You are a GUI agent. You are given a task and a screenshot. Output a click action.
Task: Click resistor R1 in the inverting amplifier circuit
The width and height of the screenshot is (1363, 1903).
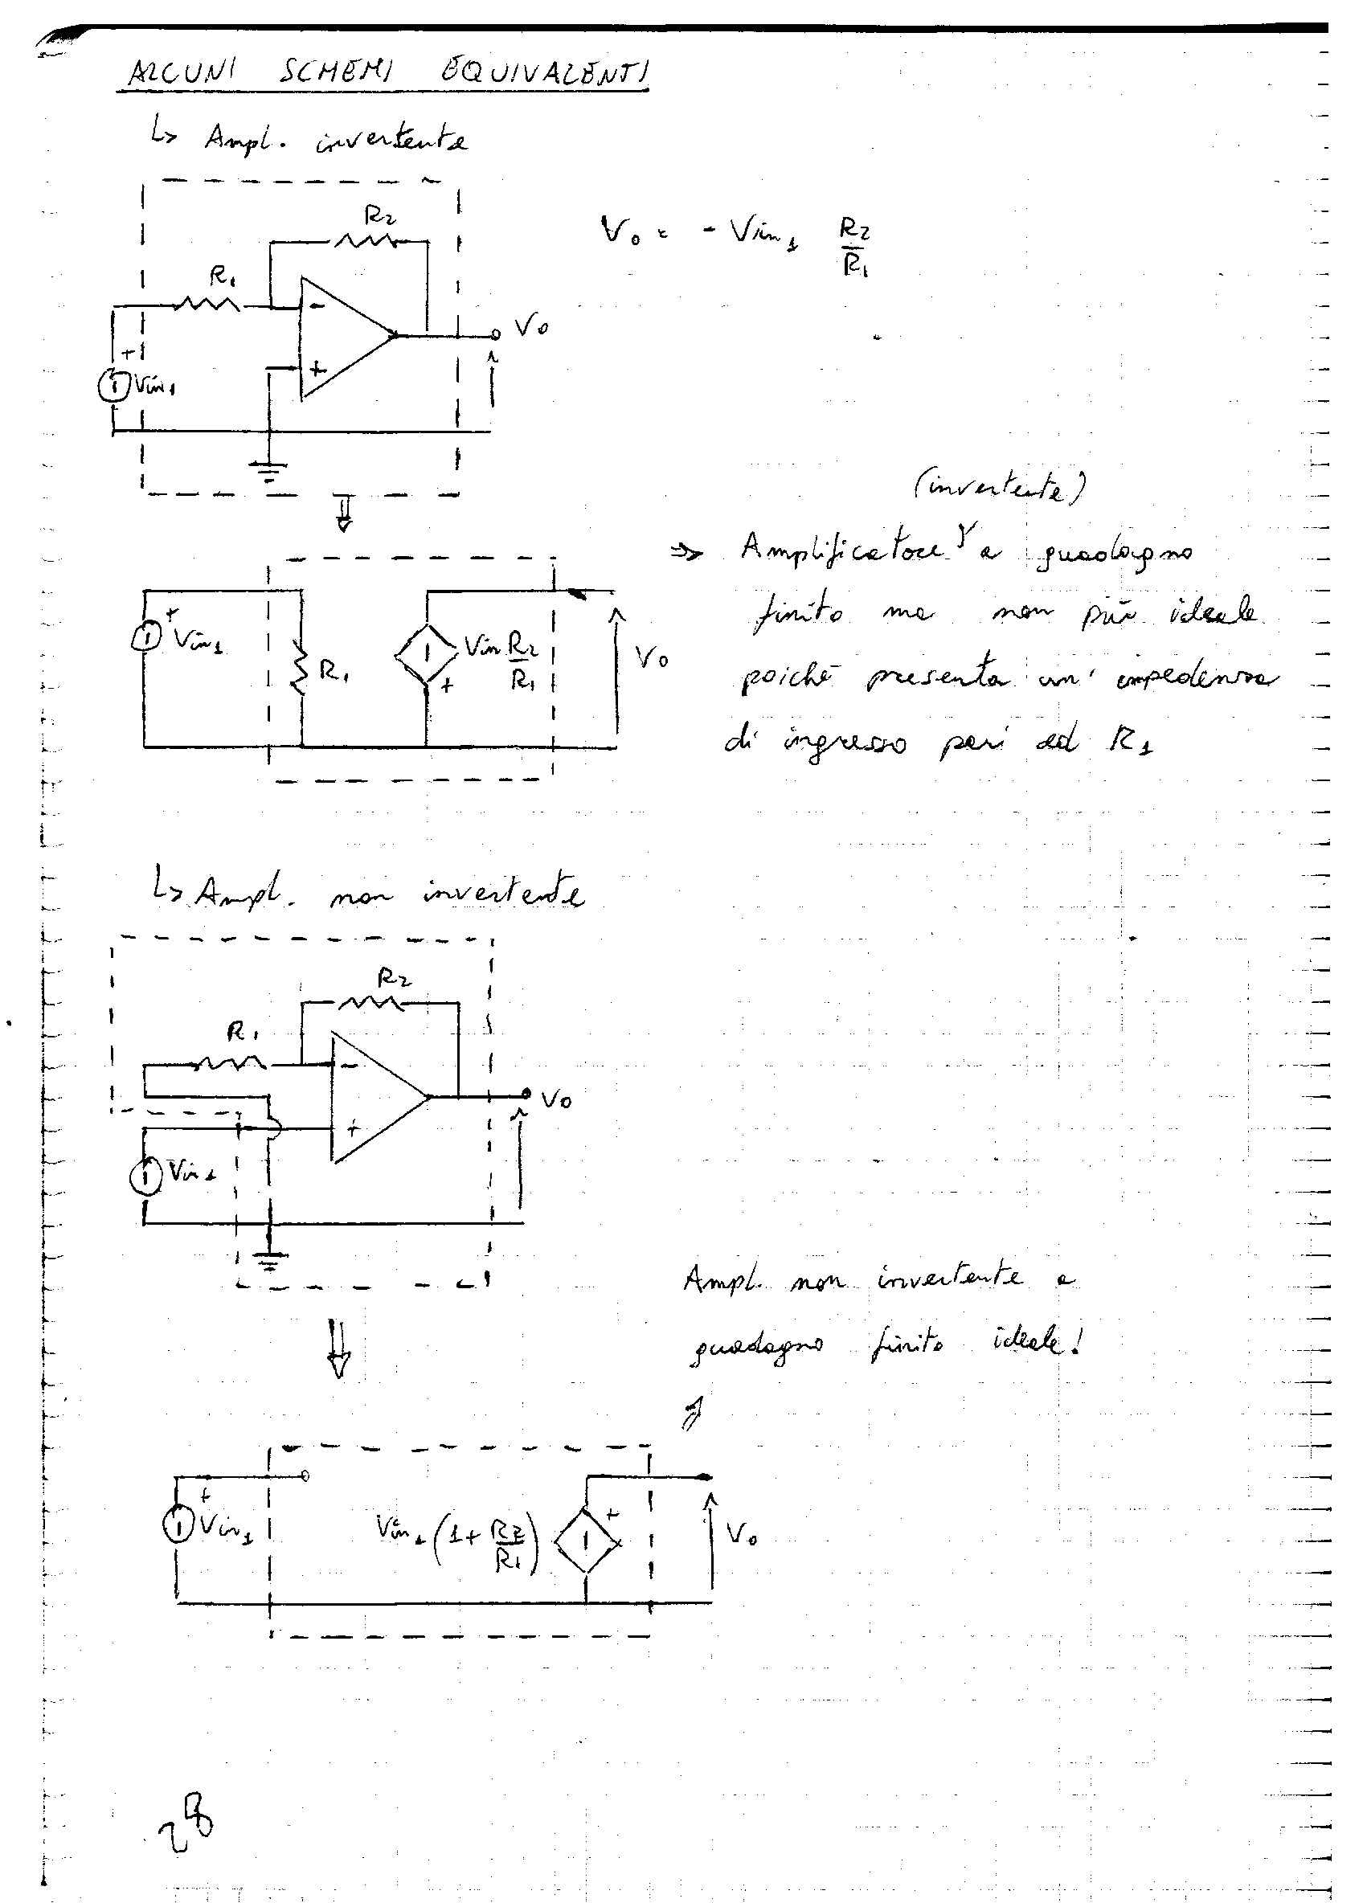point(207,305)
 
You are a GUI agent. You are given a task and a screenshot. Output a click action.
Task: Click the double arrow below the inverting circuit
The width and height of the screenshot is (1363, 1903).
point(344,514)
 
